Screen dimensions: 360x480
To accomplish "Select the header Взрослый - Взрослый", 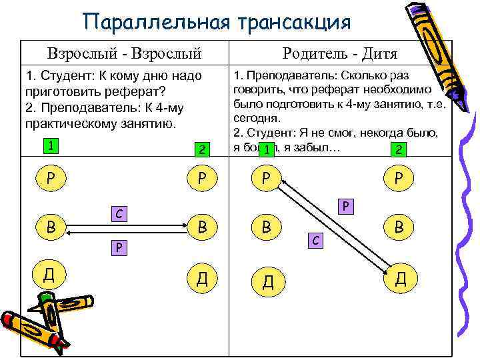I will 124,53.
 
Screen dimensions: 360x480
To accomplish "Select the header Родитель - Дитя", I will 340,53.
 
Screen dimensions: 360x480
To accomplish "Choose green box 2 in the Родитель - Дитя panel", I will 398,150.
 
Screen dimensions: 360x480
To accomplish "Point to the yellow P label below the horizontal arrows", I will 118,247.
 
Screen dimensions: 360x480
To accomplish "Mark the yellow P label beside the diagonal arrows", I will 347,206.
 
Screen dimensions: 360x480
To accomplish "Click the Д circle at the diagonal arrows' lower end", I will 401,277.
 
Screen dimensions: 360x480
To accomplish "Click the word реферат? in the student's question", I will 136,91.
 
